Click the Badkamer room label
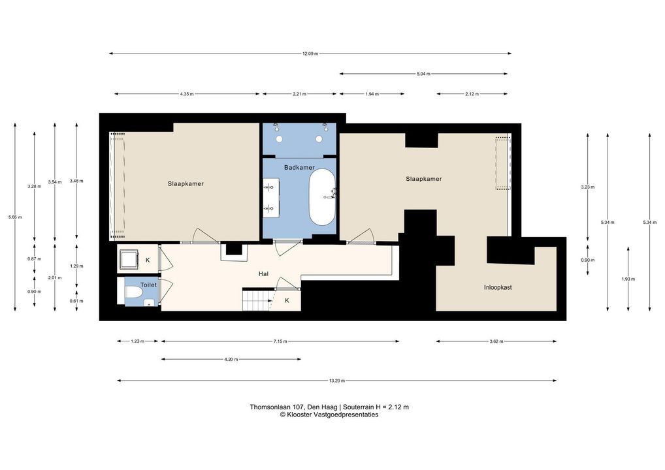coord(299,167)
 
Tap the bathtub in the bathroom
coord(322,197)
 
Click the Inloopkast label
coord(498,287)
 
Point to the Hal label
coord(263,274)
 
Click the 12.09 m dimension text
coord(310,54)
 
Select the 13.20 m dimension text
coord(336,381)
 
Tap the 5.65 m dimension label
coord(15,217)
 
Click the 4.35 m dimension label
coord(187,94)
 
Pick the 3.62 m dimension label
coord(496,341)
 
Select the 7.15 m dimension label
coord(280,341)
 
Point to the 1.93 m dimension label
coord(628,279)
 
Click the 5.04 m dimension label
coord(423,74)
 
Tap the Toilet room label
coord(148,285)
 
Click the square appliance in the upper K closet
coord(129,259)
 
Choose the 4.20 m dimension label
coord(231,360)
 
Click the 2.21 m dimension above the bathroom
coord(299,94)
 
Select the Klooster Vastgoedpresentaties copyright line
coord(329,415)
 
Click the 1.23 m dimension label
coord(137,341)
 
